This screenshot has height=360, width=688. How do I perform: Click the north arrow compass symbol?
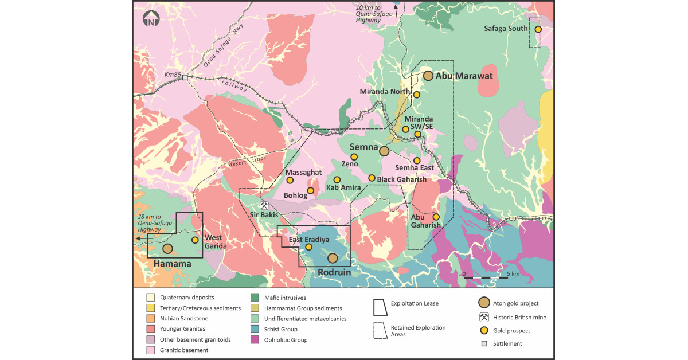151,21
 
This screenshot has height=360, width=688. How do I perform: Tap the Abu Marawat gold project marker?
428,76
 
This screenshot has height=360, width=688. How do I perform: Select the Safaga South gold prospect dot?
538,29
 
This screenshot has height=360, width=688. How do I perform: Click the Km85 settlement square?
185,78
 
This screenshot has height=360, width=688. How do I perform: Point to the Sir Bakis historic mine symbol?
264,205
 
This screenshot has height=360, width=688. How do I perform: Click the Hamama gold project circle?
167,248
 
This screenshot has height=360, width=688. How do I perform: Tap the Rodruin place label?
334,273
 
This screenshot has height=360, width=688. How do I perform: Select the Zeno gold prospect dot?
354,156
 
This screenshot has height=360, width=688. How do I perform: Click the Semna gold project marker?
384,151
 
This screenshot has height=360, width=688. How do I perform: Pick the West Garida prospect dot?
195,240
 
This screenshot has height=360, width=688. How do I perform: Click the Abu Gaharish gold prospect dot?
436,217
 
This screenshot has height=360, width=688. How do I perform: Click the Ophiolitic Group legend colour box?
253,340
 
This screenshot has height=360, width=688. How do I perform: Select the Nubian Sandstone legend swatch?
151,319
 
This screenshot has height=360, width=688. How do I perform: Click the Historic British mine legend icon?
483,318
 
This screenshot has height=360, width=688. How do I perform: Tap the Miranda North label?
385,92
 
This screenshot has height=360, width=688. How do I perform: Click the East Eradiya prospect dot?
308,247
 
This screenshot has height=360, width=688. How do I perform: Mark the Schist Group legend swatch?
253,330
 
